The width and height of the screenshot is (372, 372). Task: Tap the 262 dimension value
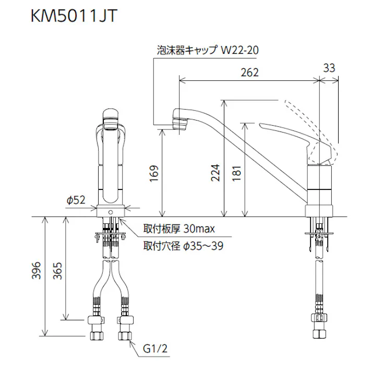(250, 73)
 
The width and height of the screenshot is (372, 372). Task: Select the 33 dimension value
(329, 68)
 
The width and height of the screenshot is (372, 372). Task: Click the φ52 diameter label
(76, 200)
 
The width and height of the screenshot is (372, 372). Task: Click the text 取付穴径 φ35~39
(183, 245)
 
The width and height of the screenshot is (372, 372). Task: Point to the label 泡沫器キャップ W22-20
(208, 50)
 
